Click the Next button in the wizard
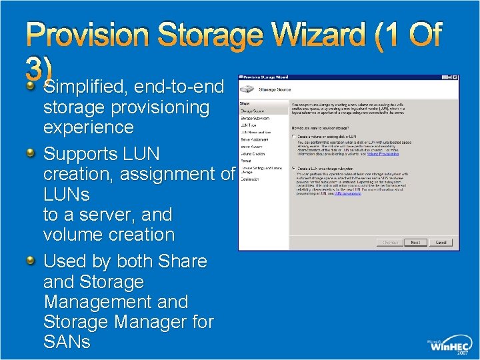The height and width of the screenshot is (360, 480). [415, 243]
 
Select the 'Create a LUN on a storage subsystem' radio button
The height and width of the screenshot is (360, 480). [294, 168]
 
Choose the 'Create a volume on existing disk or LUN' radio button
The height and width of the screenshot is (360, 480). [294, 137]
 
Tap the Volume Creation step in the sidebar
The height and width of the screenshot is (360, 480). [253, 153]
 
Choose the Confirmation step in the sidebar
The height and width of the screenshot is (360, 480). [250, 179]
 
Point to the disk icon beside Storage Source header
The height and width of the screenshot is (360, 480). [248, 89]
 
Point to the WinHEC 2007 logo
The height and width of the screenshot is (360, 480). [450, 344]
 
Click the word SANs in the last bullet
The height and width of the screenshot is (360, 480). [67, 342]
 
